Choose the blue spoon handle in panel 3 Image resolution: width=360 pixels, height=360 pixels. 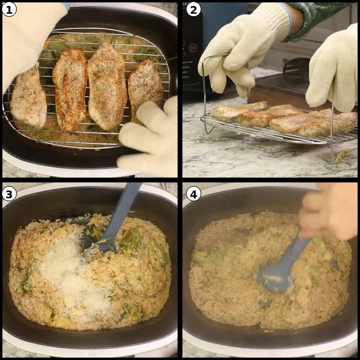(x=126, y=207)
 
